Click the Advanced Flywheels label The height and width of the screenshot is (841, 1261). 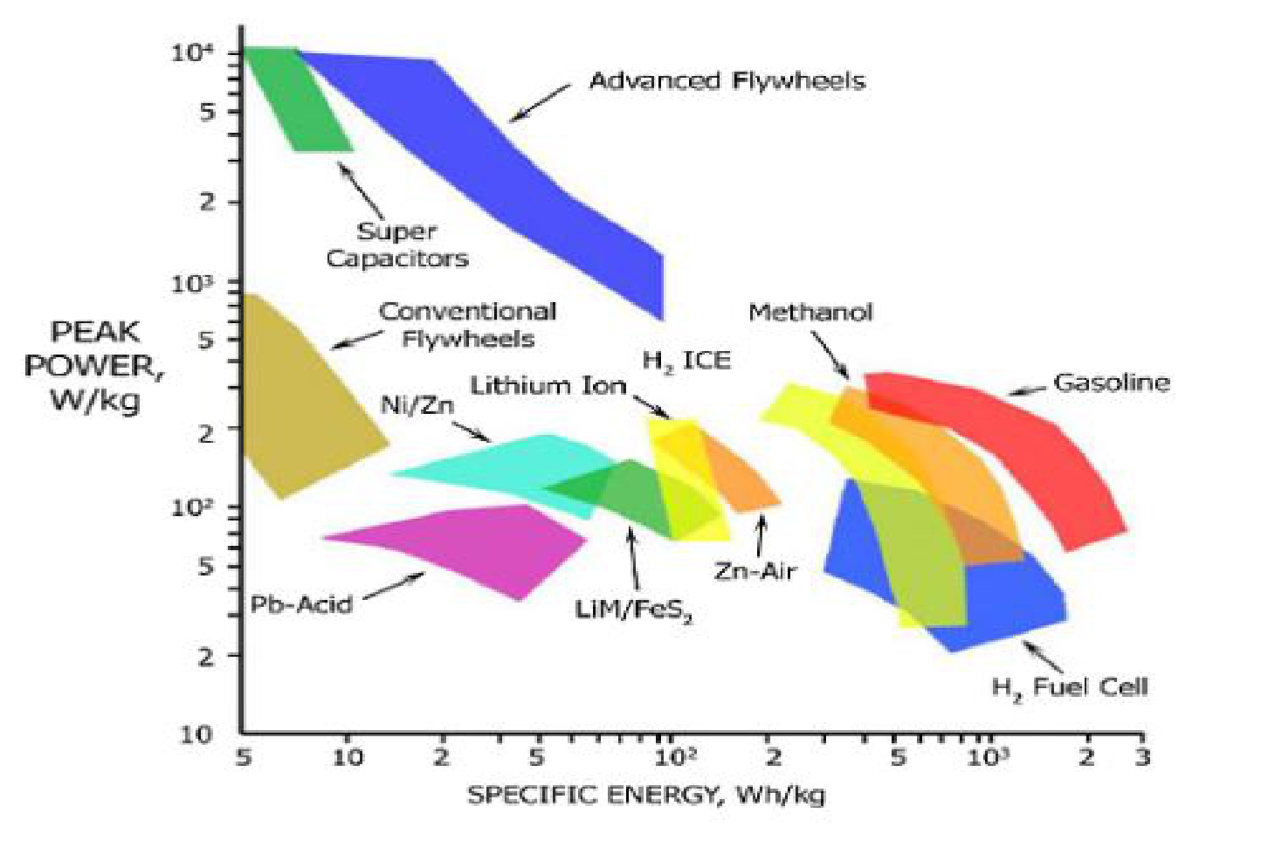[x=727, y=81]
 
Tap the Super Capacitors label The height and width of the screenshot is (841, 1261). [x=397, y=245]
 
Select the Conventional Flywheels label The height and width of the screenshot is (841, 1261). [x=468, y=325]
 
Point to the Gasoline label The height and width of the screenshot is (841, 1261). [x=1111, y=383]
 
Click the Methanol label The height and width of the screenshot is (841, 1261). [x=810, y=313]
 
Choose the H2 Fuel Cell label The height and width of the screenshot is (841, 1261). [x=1069, y=688]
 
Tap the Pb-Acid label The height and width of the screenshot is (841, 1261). [x=301, y=604]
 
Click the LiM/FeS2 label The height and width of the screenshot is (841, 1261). [x=634, y=610]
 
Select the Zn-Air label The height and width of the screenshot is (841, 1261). [x=755, y=571]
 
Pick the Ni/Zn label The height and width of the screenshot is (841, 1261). [x=417, y=405]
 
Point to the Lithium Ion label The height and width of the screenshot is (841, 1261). [x=548, y=385]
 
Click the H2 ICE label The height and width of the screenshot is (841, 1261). [x=686, y=361]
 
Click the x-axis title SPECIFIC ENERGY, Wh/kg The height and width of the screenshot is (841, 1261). [x=645, y=795]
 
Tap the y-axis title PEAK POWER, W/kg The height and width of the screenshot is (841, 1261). [x=94, y=366]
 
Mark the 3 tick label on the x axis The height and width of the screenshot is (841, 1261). [x=1142, y=756]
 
